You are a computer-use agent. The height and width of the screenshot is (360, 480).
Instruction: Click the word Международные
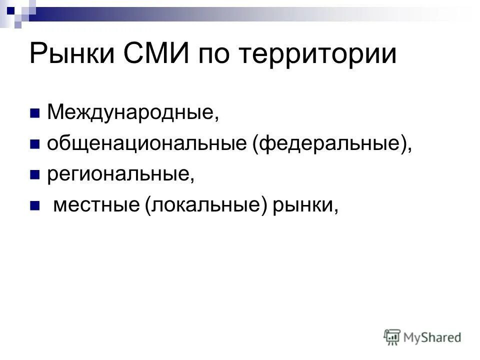tap(132, 113)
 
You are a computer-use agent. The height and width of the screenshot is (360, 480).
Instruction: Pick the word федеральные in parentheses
tap(330, 144)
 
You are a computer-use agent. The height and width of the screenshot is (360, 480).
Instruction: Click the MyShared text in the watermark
tap(432, 337)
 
